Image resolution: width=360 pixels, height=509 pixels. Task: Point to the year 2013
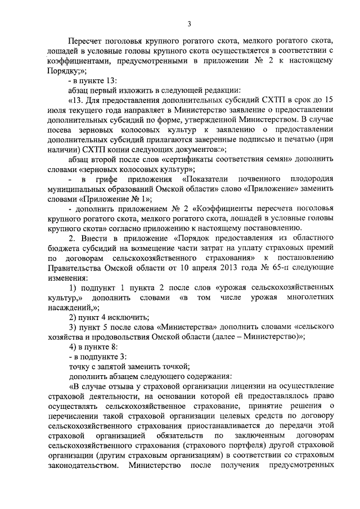pyautogui.click(x=235, y=266)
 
